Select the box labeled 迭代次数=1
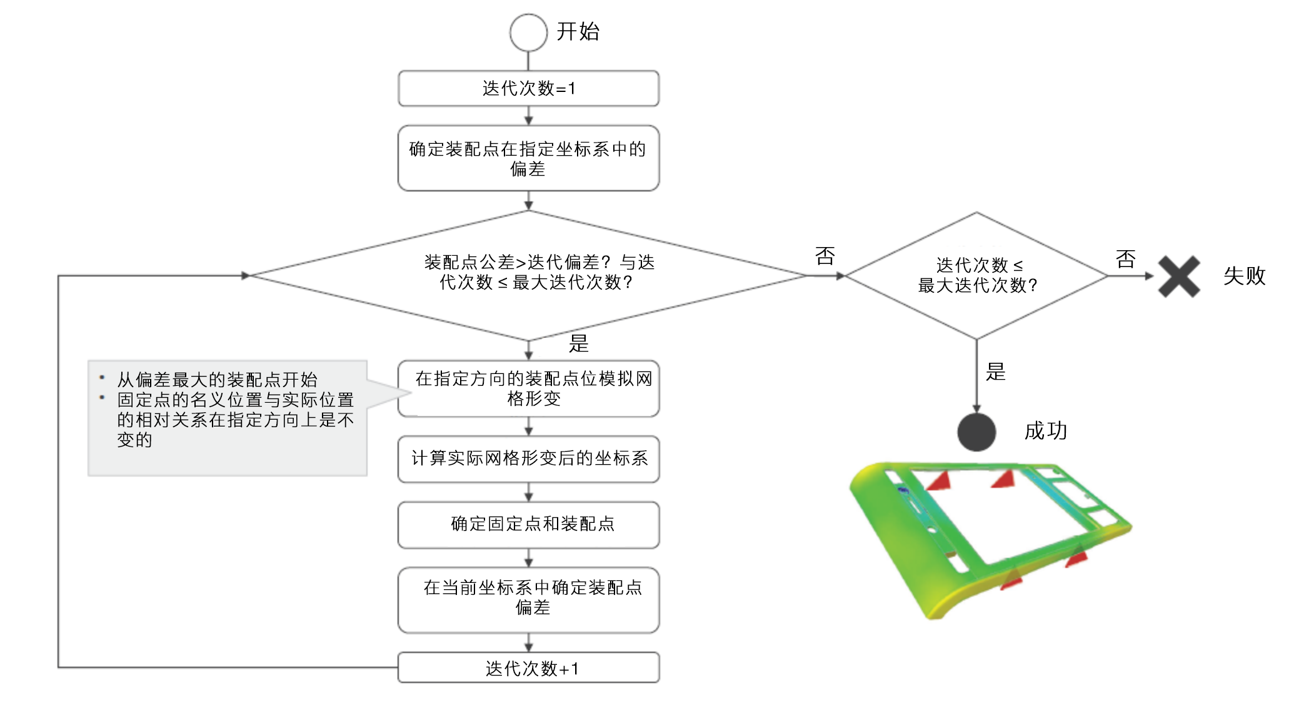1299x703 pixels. [x=528, y=88]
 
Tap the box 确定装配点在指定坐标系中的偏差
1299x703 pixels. [x=528, y=158]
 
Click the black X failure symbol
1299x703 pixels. [x=1178, y=276]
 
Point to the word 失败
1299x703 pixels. [x=1244, y=276]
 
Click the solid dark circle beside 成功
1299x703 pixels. [x=976, y=432]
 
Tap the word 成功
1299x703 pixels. [x=1045, y=431]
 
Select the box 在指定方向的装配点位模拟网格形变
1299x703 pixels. [x=528, y=388]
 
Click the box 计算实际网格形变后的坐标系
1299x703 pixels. [x=528, y=459]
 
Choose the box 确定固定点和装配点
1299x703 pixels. [x=528, y=525]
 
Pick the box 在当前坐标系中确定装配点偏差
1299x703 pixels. [x=528, y=600]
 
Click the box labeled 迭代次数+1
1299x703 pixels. [x=528, y=668]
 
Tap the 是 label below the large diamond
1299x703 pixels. [x=579, y=343]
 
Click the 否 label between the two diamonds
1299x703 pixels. [x=825, y=256]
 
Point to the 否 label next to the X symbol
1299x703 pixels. [x=1125, y=259]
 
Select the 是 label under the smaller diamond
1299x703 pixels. [x=996, y=372]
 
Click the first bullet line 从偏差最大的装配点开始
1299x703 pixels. [x=218, y=380]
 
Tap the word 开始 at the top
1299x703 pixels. [x=578, y=31]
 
